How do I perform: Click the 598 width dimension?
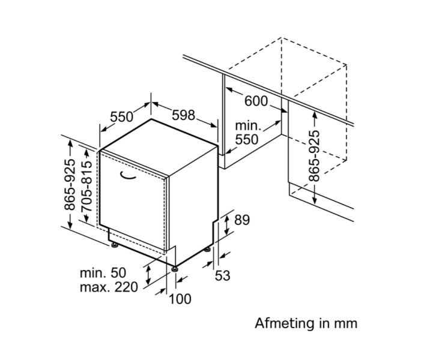point(183,115)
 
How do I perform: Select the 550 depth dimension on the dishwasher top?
point(122,115)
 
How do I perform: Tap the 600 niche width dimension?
point(256,101)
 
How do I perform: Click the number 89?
point(241,220)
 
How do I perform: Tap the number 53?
point(222,275)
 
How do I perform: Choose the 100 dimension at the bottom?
point(180,298)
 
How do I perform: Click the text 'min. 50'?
point(103,272)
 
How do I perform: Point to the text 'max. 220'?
point(109,287)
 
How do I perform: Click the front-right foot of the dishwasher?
point(175,268)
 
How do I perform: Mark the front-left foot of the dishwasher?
point(114,244)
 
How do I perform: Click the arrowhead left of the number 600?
point(229,90)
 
